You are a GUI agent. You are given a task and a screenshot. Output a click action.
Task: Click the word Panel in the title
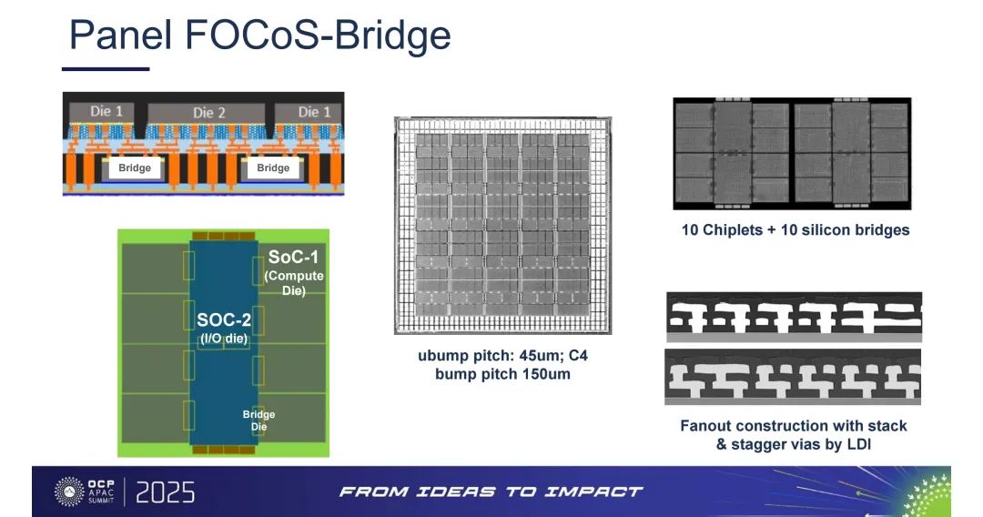120,35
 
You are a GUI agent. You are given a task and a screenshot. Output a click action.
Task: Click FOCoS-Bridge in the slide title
318,36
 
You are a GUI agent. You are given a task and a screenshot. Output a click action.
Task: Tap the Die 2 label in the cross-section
208,113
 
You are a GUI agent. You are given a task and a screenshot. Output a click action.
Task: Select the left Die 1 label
106,112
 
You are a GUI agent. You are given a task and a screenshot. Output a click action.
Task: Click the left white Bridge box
134,168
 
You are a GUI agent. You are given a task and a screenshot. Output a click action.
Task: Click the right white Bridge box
273,168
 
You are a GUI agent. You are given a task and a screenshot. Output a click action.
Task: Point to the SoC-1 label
293,257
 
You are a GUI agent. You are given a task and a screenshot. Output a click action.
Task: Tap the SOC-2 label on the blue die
224,320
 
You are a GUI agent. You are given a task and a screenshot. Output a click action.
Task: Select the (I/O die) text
224,339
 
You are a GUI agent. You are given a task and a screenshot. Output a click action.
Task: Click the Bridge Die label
258,421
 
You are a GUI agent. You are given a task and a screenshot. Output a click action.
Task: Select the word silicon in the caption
831,230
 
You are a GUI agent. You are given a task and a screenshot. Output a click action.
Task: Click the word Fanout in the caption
705,426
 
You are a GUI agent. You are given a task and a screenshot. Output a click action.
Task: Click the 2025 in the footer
165,492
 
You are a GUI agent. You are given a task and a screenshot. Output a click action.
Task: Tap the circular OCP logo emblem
69,492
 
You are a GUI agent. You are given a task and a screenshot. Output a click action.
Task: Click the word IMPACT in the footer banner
593,492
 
